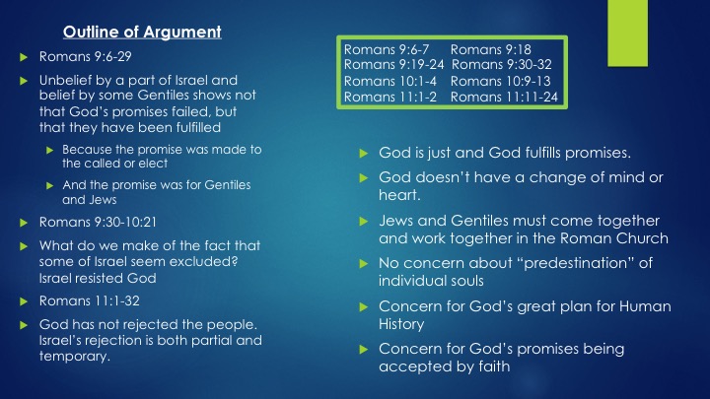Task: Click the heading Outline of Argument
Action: pyautogui.click(x=142, y=32)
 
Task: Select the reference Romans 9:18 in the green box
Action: pyautogui.click(x=490, y=49)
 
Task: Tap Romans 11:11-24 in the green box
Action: pyautogui.click(x=504, y=97)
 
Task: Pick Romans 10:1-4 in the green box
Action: pyautogui.click(x=390, y=81)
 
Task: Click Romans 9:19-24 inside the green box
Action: pyautogui.click(x=393, y=65)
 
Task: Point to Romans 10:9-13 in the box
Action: pyautogui.click(x=500, y=81)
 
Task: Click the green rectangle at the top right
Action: pyautogui.click(x=627, y=33)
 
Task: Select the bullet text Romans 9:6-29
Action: pyautogui.click(x=85, y=56)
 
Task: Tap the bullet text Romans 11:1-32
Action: pyautogui.click(x=89, y=300)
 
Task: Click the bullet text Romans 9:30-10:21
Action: pyautogui.click(x=98, y=222)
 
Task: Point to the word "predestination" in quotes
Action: pyautogui.click(x=577, y=263)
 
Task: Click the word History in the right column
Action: pyautogui.click(x=401, y=324)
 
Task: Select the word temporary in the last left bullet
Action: pyautogui.click(x=75, y=357)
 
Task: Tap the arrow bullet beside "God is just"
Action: pyautogui.click(x=363, y=154)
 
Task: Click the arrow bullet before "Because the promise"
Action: pyautogui.click(x=50, y=150)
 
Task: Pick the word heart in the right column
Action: pyautogui.click(x=399, y=195)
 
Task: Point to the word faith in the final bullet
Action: pyautogui.click(x=494, y=366)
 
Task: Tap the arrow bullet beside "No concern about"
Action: pyautogui.click(x=363, y=264)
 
